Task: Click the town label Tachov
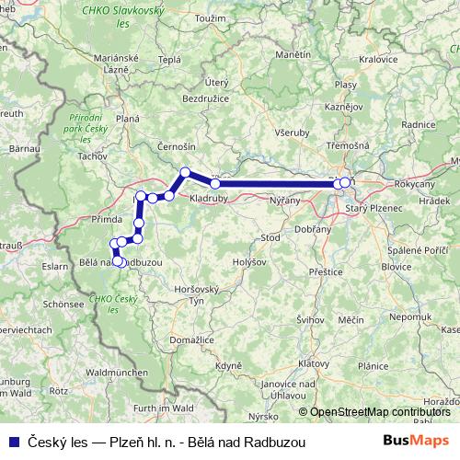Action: [94, 157]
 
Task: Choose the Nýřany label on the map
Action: [284, 199]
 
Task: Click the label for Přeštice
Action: [326, 272]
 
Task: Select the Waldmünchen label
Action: [116, 372]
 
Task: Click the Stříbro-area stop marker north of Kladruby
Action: [185, 172]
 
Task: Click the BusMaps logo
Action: [416, 441]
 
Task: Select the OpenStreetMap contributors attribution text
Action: [380, 411]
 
